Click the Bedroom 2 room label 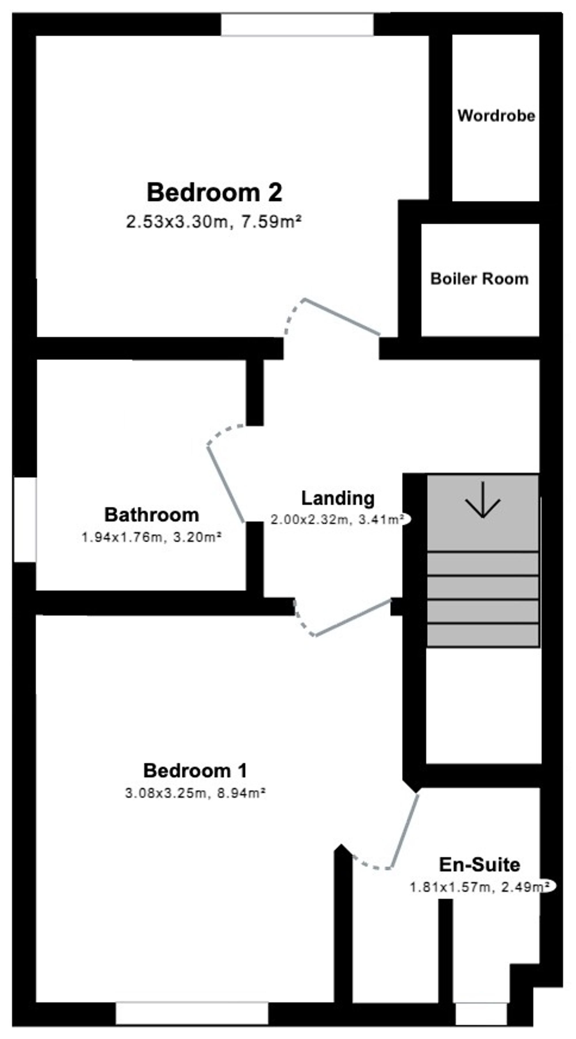coord(214,192)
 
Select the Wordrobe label coord(496,116)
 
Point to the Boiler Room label coord(479,279)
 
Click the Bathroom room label coord(152,515)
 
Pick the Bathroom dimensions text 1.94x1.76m coord(122,537)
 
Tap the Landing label coord(338,499)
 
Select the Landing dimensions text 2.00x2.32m coord(310,520)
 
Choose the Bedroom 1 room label coord(195,771)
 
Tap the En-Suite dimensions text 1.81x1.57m coord(450,887)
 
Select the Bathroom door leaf coord(226,484)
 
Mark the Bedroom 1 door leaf coord(353,618)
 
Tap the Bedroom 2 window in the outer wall coord(297,24)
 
